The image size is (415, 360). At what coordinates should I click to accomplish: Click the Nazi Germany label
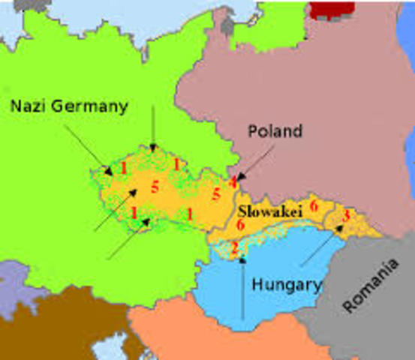(x=69, y=106)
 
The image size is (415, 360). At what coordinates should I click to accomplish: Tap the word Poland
(x=275, y=131)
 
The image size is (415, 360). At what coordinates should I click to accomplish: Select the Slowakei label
(x=270, y=213)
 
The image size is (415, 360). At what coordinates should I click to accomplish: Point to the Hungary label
(x=287, y=285)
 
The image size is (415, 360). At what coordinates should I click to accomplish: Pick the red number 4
(x=234, y=181)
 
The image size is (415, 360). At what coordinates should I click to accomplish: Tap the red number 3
(x=345, y=215)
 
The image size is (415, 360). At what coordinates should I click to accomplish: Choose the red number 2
(x=234, y=248)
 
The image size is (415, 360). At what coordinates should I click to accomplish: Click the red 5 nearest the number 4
(x=216, y=195)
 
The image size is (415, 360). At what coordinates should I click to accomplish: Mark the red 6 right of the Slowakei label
(x=314, y=205)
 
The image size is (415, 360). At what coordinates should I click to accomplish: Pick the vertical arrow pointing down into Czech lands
(x=152, y=127)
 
